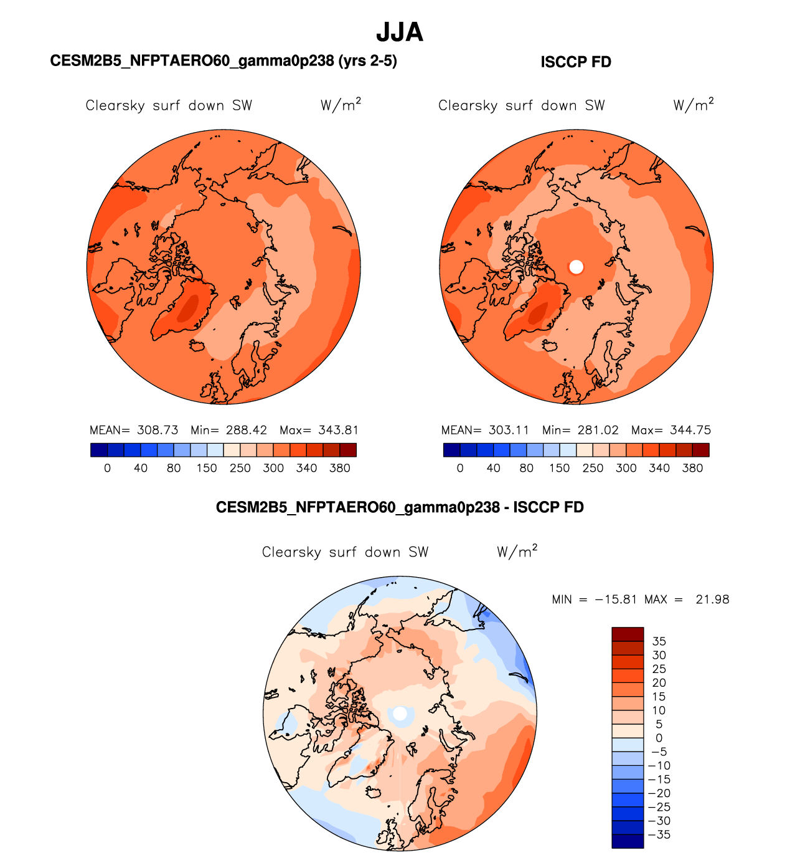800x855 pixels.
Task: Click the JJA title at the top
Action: point(400,32)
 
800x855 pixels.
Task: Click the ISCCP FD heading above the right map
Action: point(576,62)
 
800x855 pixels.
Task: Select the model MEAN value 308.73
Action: point(158,430)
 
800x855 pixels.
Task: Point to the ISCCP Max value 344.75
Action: point(690,430)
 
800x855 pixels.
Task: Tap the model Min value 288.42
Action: point(247,430)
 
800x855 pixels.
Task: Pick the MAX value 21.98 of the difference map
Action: point(712,599)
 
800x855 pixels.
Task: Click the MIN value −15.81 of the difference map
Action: point(616,599)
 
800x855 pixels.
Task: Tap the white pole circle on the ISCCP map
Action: point(576,267)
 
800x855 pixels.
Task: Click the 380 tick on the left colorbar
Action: point(340,468)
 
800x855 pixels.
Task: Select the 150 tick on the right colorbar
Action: point(560,468)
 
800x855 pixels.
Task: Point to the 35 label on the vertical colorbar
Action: point(659,641)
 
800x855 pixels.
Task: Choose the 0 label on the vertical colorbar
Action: point(659,738)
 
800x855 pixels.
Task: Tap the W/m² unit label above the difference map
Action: point(517,552)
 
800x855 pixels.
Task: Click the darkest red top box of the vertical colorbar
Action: point(628,634)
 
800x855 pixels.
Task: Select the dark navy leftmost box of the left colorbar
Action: point(99,450)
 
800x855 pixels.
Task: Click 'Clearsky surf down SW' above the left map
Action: point(169,105)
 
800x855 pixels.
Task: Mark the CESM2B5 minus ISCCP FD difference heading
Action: point(400,507)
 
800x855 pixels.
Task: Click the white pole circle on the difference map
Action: point(400,712)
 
